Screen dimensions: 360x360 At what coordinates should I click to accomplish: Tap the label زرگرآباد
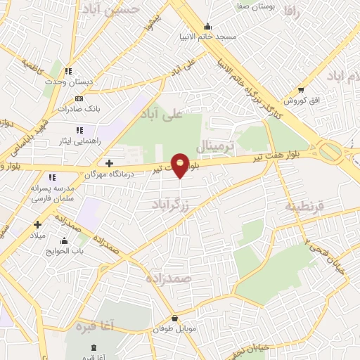171,205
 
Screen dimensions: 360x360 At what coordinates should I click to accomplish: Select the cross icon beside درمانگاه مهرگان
109,163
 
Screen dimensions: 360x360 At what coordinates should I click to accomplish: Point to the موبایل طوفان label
174,328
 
